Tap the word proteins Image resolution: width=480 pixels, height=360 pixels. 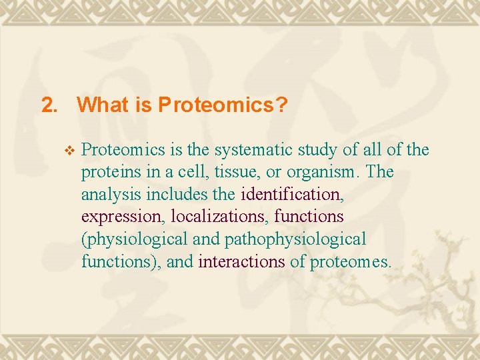click(x=111, y=173)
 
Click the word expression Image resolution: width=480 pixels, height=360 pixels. click(x=123, y=217)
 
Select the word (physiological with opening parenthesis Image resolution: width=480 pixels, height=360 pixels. click(x=134, y=239)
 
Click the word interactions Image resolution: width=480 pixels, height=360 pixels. click(x=241, y=262)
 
